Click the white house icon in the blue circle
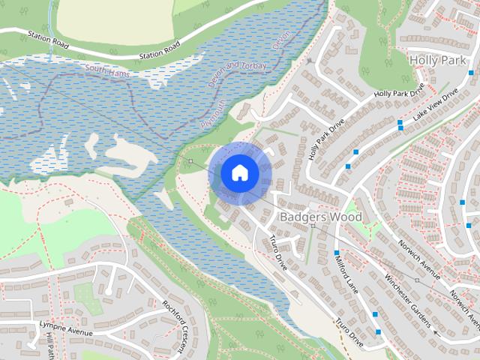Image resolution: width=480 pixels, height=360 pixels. point(239,173)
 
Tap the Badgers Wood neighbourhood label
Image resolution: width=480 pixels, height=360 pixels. point(320,217)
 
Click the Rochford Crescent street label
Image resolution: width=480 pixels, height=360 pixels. point(173,325)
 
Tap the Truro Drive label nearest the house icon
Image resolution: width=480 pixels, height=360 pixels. point(278,253)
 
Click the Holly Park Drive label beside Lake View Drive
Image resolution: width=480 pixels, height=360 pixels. point(398,91)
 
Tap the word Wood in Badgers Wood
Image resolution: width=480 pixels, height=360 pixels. point(347,217)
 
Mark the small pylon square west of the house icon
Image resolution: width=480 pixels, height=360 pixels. point(190,160)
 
